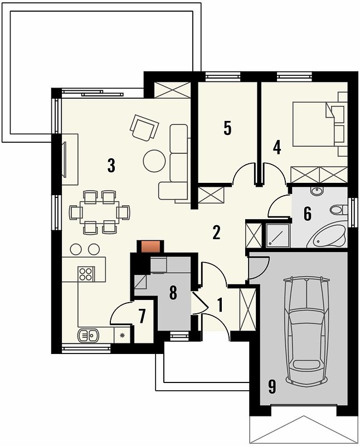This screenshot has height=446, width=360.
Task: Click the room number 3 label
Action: pyautogui.click(x=111, y=166)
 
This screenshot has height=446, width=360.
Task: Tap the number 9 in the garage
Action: pyautogui.click(x=272, y=386)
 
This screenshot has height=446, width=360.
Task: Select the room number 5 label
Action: pyautogui.click(x=227, y=128)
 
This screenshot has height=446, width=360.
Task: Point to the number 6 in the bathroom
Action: pyautogui.click(x=308, y=214)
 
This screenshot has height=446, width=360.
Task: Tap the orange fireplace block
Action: pyautogui.click(x=150, y=246)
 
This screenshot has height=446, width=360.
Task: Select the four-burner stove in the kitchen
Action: pyautogui.click(x=86, y=274)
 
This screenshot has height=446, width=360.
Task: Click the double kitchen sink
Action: pyautogui.click(x=88, y=336)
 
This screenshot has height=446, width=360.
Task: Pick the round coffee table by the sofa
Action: pyautogui.click(x=154, y=161)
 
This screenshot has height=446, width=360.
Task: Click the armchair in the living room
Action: pyautogui.click(x=144, y=127)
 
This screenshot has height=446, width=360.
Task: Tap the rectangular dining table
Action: pyautogui.click(x=100, y=212)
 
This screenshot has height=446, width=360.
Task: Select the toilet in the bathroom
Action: pyautogui.click(x=339, y=210)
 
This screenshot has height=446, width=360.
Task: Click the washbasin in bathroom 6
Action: pyautogui.click(x=319, y=191)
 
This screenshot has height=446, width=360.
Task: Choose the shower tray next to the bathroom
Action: pyautogui.click(x=278, y=235)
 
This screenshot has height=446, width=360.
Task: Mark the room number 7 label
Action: pyautogui.click(x=142, y=316)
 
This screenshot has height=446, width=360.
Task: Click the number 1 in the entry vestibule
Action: pyautogui.click(x=220, y=305)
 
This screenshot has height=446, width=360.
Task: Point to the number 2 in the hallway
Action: pyautogui.click(x=216, y=232)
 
